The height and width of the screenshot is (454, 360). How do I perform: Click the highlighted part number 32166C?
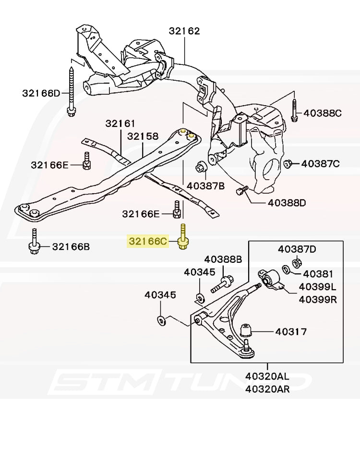(147, 241)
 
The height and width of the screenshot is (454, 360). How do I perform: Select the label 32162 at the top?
(184, 31)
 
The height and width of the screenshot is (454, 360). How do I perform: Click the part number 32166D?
(41, 93)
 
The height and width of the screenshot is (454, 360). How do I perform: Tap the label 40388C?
(323, 113)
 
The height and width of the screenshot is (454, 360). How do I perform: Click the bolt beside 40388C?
(294, 111)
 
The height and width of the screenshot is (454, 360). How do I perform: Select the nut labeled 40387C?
(288, 164)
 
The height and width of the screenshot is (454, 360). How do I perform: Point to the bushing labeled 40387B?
(201, 167)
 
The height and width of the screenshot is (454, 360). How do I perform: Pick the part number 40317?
(291, 331)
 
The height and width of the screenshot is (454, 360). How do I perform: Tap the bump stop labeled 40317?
(246, 330)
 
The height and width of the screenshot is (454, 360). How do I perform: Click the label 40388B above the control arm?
(223, 259)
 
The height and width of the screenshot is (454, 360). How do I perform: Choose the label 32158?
(143, 136)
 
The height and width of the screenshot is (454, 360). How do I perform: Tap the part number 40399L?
(318, 287)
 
